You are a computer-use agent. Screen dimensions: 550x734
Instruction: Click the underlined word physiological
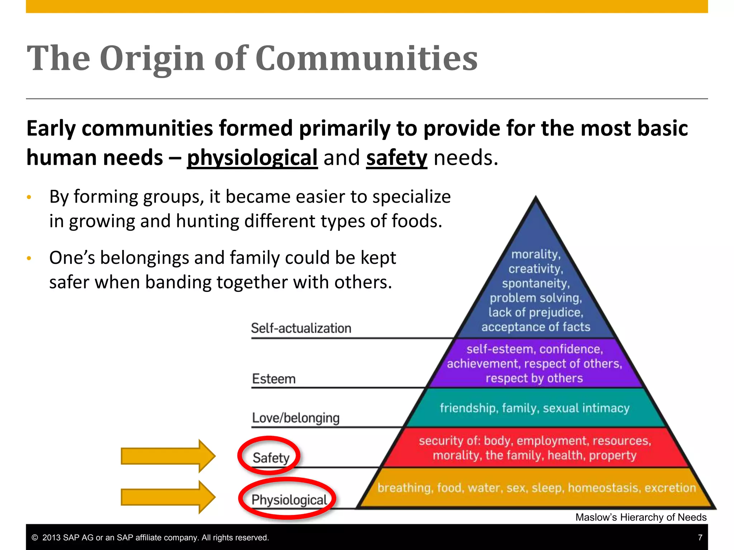pyautogui.click(x=252, y=158)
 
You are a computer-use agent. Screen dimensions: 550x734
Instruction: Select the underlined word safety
pyautogui.click(x=396, y=158)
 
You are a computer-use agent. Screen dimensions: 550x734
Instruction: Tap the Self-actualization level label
pyautogui.click(x=301, y=328)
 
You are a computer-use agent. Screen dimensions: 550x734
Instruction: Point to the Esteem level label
pyautogui.click(x=274, y=379)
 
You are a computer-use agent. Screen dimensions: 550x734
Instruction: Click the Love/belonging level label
pyautogui.click(x=296, y=418)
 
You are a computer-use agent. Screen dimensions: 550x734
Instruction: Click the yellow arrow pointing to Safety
pyautogui.click(x=168, y=456)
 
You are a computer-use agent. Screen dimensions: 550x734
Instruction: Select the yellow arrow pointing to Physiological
pyautogui.click(x=168, y=497)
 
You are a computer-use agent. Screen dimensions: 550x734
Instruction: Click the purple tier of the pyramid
pyautogui.click(x=534, y=363)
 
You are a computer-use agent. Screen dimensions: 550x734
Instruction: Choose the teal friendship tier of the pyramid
pyautogui.click(x=534, y=408)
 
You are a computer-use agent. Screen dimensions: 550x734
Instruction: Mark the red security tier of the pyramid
pyautogui.click(x=534, y=448)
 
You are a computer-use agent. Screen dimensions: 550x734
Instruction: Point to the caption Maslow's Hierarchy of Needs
pyautogui.click(x=641, y=517)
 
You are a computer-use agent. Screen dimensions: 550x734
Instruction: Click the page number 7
pyautogui.click(x=700, y=537)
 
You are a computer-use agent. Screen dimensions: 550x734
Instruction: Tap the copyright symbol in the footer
pyautogui.click(x=35, y=538)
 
